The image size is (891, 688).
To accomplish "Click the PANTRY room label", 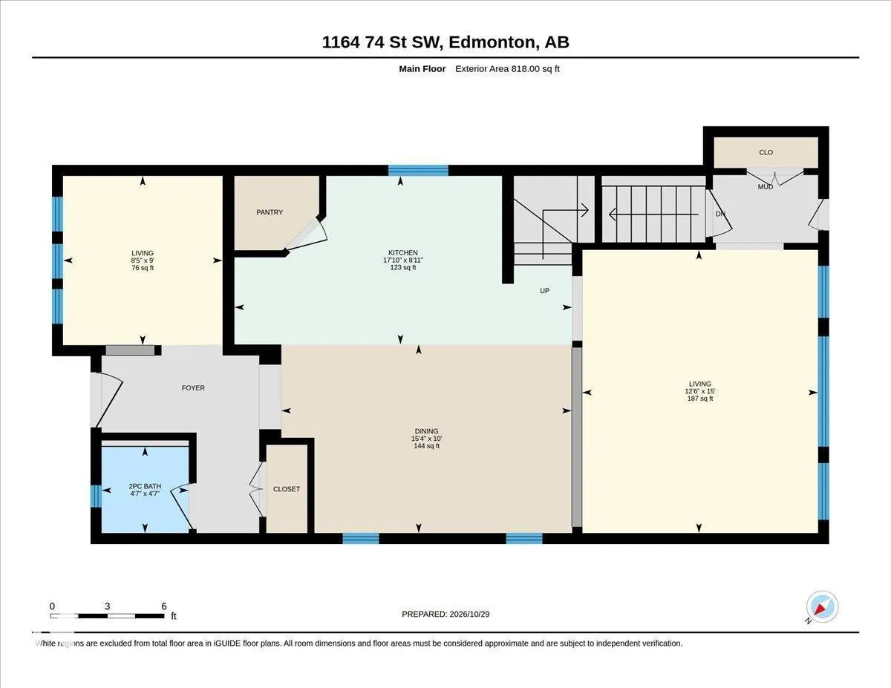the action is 270,212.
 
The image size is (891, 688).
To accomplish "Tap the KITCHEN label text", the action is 403,253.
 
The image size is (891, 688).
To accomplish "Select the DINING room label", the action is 426,431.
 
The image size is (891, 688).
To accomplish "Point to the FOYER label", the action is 193,387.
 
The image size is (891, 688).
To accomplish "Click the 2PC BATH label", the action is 145,486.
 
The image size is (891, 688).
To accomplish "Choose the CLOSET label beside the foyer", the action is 286,489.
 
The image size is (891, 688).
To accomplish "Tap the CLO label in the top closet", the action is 766,152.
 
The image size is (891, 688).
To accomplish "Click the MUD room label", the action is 765,187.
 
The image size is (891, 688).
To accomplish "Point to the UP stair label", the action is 544,290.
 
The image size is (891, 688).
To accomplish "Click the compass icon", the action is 822,607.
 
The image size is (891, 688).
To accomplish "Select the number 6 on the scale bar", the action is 164,606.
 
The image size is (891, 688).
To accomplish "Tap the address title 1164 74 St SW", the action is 382,42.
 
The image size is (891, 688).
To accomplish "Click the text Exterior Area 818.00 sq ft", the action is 507,69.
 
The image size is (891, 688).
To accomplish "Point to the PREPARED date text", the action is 446,615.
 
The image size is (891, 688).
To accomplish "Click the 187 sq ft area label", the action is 700,399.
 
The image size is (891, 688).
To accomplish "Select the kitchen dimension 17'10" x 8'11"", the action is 403,261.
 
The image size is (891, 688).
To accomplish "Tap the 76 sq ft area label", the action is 143,268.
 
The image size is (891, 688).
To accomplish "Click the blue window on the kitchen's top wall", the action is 418,170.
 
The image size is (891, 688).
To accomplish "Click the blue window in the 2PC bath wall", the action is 96,496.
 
